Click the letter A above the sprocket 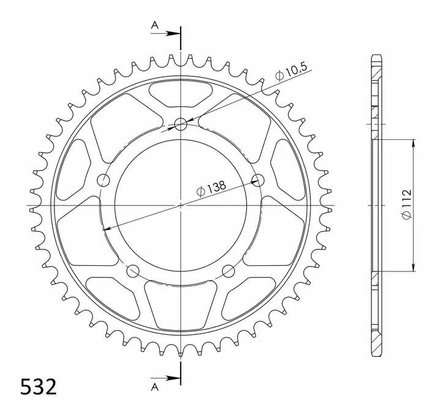click(x=155, y=25)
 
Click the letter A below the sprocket click(x=155, y=387)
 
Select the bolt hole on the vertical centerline click(x=181, y=125)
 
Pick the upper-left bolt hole click(x=103, y=180)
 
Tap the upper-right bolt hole click(x=258, y=180)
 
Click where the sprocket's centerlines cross click(x=181, y=205)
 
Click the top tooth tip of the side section click(x=376, y=57)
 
